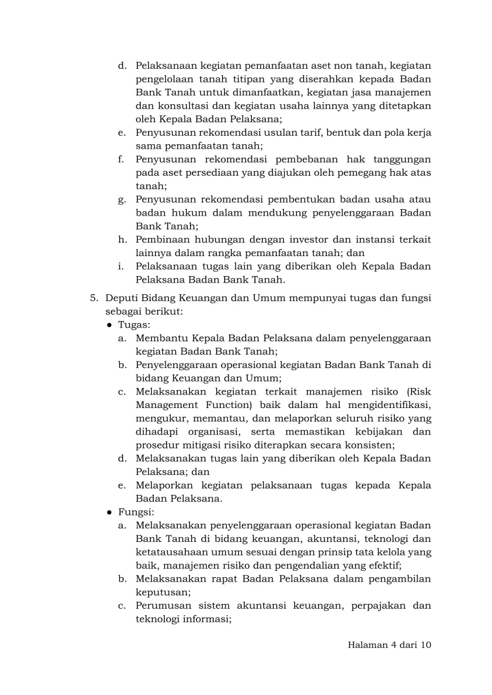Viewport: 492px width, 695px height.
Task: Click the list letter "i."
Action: pyautogui.click(x=122, y=266)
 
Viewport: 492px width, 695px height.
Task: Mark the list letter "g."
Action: pyautogui.click(x=122, y=199)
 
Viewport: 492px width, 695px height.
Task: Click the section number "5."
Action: pyautogui.click(x=94, y=297)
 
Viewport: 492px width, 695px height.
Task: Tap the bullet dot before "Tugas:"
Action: pyautogui.click(x=110, y=324)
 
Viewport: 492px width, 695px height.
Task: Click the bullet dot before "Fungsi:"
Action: pyautogui.click(x=110, y=512)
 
